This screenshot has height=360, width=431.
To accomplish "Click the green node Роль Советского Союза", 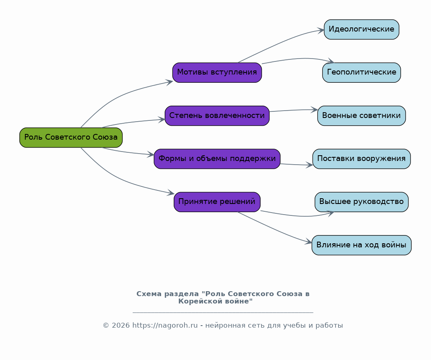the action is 71,137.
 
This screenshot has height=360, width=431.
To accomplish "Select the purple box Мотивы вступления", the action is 217,72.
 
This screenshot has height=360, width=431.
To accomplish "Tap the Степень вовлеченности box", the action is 217,115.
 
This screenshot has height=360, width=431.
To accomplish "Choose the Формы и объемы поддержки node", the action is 217,159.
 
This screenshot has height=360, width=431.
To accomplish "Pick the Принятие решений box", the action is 217,202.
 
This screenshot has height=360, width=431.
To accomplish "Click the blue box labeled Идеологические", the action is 361,29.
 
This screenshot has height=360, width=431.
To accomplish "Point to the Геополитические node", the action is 361,72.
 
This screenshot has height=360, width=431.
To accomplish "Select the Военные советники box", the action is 361,115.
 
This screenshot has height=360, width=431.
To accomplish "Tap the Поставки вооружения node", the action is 361,159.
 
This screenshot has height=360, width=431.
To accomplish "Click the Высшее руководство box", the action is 361,202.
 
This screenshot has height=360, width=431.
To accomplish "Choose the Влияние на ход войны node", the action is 361,245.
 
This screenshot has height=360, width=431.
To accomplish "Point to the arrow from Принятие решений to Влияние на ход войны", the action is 274,229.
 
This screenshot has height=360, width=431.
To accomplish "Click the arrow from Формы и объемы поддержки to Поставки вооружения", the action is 296,165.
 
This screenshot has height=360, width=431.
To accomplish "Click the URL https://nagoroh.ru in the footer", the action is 165,325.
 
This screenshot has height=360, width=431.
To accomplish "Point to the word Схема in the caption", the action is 149,294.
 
